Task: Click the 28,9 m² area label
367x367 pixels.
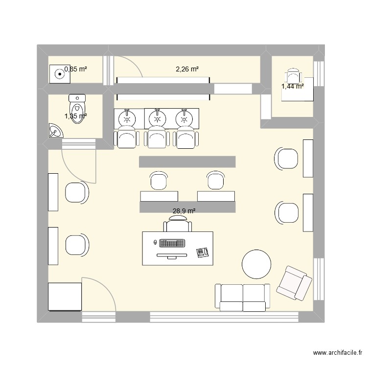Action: (184, 211)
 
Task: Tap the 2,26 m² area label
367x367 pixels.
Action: (187, 69)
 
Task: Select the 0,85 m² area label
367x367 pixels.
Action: (76, 69)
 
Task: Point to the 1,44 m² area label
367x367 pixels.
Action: (292, 87)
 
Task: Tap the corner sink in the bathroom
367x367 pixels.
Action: (55, 131)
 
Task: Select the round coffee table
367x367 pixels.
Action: (256, 264)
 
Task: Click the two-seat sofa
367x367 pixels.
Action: (243, 297)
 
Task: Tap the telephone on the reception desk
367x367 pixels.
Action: (202, 252)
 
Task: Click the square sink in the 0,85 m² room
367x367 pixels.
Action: (59, 75)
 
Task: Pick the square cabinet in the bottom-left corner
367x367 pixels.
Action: (64, 297)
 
